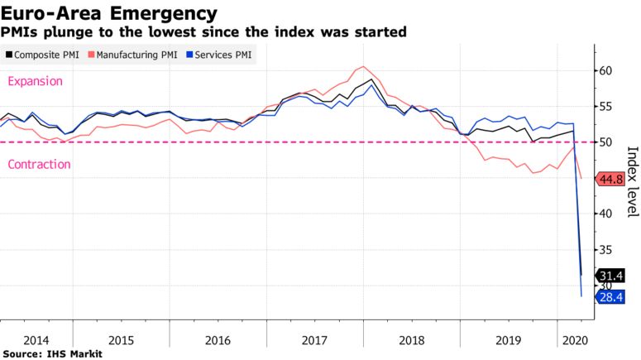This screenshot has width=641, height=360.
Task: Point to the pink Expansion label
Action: tap(35, 81)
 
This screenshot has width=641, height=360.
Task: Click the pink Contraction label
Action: tap(39, 165)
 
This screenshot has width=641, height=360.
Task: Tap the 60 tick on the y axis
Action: tap(605, 71)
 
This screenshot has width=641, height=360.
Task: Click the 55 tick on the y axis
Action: tap(605, 107)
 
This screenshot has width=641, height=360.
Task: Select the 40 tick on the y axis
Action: tap(605, 214)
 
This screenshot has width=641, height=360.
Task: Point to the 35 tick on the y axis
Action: tap(605, 250)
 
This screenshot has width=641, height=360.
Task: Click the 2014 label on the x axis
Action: tap(36, 340)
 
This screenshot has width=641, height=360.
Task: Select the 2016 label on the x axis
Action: tap(218, 340)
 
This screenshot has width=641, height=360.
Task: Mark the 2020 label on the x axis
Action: tap(573, 340)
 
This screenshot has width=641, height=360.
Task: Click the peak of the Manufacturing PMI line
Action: tap(364, 66)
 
